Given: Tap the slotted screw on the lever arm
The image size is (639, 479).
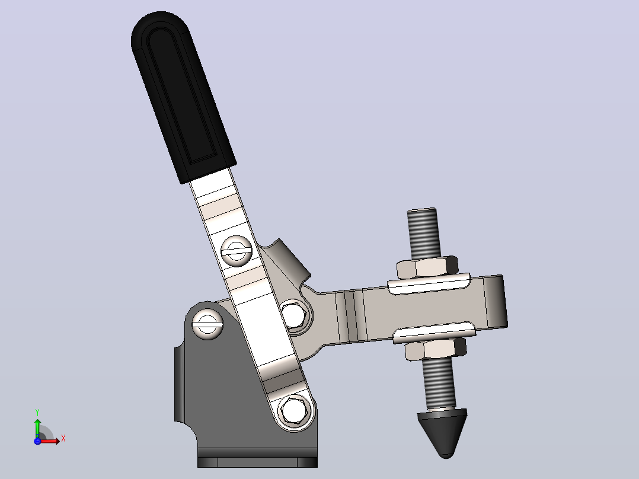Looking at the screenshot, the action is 237,251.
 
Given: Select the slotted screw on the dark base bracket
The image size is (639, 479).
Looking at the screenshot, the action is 207,324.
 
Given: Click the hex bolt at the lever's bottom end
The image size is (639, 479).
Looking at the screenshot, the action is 293,411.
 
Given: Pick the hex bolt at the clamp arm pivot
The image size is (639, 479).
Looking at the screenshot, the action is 294,314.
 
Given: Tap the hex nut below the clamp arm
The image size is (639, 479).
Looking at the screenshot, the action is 436,350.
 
